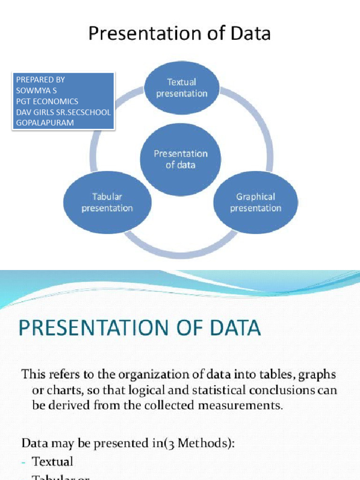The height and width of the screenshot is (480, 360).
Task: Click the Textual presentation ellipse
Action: pyautogui.click(x=181, y=88)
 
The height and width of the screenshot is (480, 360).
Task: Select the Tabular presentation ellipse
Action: pyautogui.click(x=107, y=202)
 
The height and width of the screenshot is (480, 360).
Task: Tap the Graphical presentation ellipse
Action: pyautogui.click(x=255, y=202)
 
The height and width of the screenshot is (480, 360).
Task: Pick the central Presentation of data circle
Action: pyautogui.click(x=180, y=159)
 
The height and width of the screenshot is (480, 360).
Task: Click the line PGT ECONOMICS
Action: pyautogui.click(x=47, y=101)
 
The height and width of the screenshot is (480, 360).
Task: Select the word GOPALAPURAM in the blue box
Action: pyautogui.click(x=45, y=123)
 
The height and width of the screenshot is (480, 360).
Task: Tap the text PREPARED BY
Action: pyautogui.click(x=40, y=80)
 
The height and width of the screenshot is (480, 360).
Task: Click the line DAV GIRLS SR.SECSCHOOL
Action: pyautogui.click(x=63, y=112)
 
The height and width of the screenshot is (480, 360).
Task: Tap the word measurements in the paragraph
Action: pyautogui.click(x=244, y=405)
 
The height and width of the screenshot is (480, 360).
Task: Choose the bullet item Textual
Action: pyautogui.click(x=52, y=462)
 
